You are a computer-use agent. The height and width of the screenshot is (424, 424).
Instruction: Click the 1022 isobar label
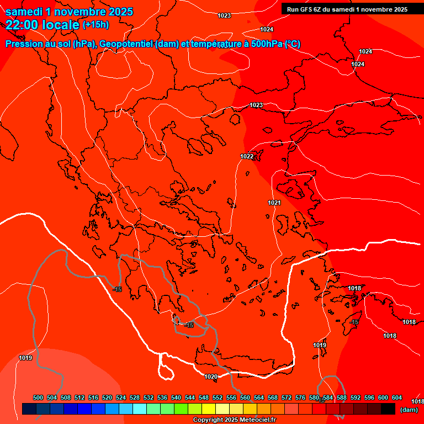[247, 156]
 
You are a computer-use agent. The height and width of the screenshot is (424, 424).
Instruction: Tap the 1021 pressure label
[274, 203]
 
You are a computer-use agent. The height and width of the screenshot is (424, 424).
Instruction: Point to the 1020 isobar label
[210, 377]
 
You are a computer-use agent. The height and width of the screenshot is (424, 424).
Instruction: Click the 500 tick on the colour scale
[38, 397]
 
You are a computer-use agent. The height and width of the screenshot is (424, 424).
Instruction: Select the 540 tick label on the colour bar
[176, 397]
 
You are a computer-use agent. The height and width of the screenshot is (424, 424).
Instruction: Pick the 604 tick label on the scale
[397, 397]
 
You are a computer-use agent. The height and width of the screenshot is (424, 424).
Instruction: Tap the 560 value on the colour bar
[245, 397]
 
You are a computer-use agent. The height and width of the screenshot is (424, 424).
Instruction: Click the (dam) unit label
[409, 410]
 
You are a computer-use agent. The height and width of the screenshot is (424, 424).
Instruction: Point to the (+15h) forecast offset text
[96, 25]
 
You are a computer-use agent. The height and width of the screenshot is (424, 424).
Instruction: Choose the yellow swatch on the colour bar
[208, 409]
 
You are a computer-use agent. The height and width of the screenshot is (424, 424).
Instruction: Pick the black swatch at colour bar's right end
[388, 409]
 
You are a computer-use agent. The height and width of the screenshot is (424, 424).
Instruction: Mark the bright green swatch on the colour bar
[181, 409]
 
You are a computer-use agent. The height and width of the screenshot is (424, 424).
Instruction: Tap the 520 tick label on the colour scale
[107, 397]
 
